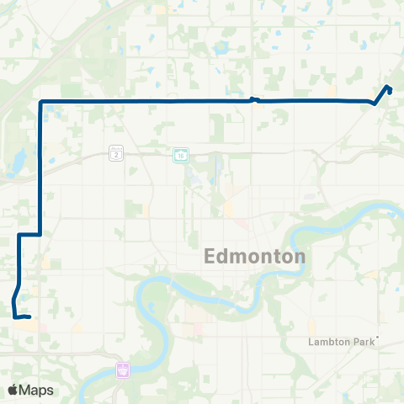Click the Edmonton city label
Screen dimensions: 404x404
point(255,257)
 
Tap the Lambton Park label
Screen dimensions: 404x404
point(343,343)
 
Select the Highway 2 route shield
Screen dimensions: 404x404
point(115,153)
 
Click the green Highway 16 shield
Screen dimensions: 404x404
point(181,154)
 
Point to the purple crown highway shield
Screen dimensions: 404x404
point(124,369)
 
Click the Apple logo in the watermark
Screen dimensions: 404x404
point(13,390)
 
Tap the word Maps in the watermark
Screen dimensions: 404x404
point(37,390)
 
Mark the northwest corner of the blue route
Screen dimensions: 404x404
point(40,102)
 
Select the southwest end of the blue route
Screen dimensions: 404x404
point(29,317)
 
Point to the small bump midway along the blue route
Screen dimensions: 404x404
point(255,99)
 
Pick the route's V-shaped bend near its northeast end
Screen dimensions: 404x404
point(374,104)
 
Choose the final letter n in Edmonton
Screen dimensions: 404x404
point(300,257)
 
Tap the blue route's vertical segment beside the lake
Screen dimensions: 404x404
point(40,168)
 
